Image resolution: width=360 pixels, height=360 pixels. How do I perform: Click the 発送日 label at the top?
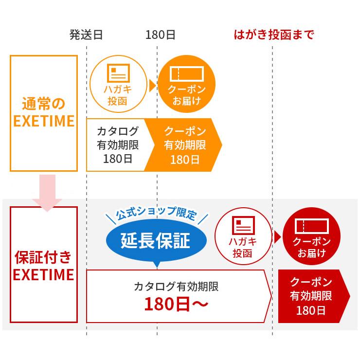pos(86,35)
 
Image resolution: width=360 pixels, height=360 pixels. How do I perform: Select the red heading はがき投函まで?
pos(274,35)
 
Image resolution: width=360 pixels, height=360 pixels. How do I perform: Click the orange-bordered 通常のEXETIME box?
pos(44,113)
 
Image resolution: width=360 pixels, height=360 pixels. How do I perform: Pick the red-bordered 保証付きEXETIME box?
pos(44,265)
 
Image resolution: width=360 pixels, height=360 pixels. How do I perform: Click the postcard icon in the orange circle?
pos(118,73)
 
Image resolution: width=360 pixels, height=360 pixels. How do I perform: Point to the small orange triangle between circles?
pos(152,86)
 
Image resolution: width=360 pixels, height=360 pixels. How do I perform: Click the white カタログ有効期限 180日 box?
pos(117,145)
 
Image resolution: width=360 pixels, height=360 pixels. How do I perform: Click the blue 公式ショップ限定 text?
pos(156,215)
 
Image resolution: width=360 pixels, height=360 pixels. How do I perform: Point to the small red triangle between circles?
pos(277,237)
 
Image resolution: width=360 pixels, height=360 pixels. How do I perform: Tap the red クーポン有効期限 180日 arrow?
pos(312,296)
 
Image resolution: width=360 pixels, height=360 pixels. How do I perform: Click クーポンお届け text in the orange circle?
pos(186,95)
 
